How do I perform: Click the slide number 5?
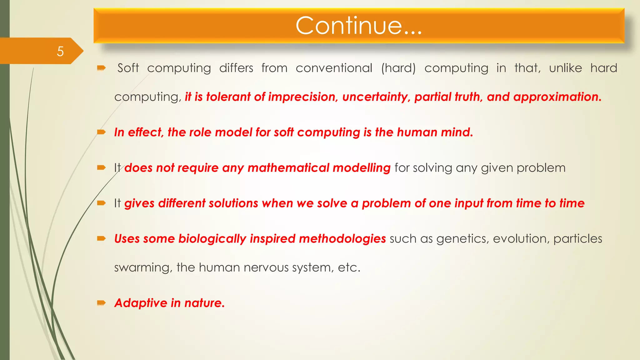pos(60,51)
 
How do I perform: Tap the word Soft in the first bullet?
pos(128,68)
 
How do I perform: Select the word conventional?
pos(334,68)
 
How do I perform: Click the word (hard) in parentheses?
pos(398,68)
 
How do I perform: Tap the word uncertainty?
pos(376,97)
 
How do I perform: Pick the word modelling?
pos(362,168)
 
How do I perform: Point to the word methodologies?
pos(342,239)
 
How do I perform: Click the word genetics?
pos(462,239)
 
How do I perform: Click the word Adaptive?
pos(141,303)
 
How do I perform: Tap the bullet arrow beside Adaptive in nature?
pos(101,303)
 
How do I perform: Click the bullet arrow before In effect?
pos(101,132)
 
